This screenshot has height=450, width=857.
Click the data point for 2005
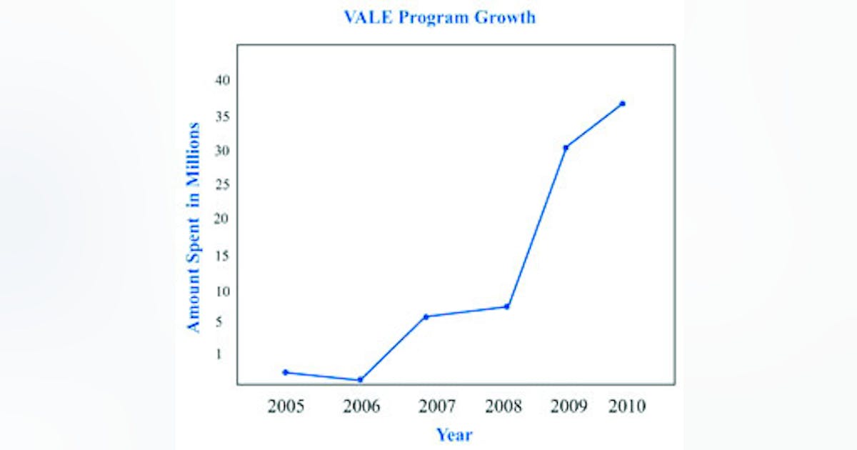click(x=286, y=372)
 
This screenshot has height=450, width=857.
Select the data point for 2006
click(x=360, y=379)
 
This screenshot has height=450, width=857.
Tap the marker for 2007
click(x=426, y=316)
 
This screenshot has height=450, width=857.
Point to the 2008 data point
click(x=506, y=306)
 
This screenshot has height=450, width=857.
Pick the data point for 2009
click(x=566, y=148)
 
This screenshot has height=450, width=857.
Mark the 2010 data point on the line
click(x=622, y=104)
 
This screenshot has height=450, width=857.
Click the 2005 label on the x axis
click(x=286, y=407)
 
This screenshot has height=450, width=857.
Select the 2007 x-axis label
click(x=436, y=407)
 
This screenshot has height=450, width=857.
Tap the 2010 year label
click(x=627, y=406)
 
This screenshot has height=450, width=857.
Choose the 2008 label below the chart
click(x=503, y=407)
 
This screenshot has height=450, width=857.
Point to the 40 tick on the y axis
click(x=222, y=80)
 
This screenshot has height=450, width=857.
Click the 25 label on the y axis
click(x=222, y=185)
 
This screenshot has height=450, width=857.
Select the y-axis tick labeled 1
click(x=219, y=354)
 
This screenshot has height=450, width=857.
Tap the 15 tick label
click(x=222, y=256)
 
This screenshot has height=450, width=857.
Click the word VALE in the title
click(x=368, y=17)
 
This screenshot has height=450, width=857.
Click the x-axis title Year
click(x=454, y=434)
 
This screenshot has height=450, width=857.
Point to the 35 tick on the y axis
click(x=222, y=116)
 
